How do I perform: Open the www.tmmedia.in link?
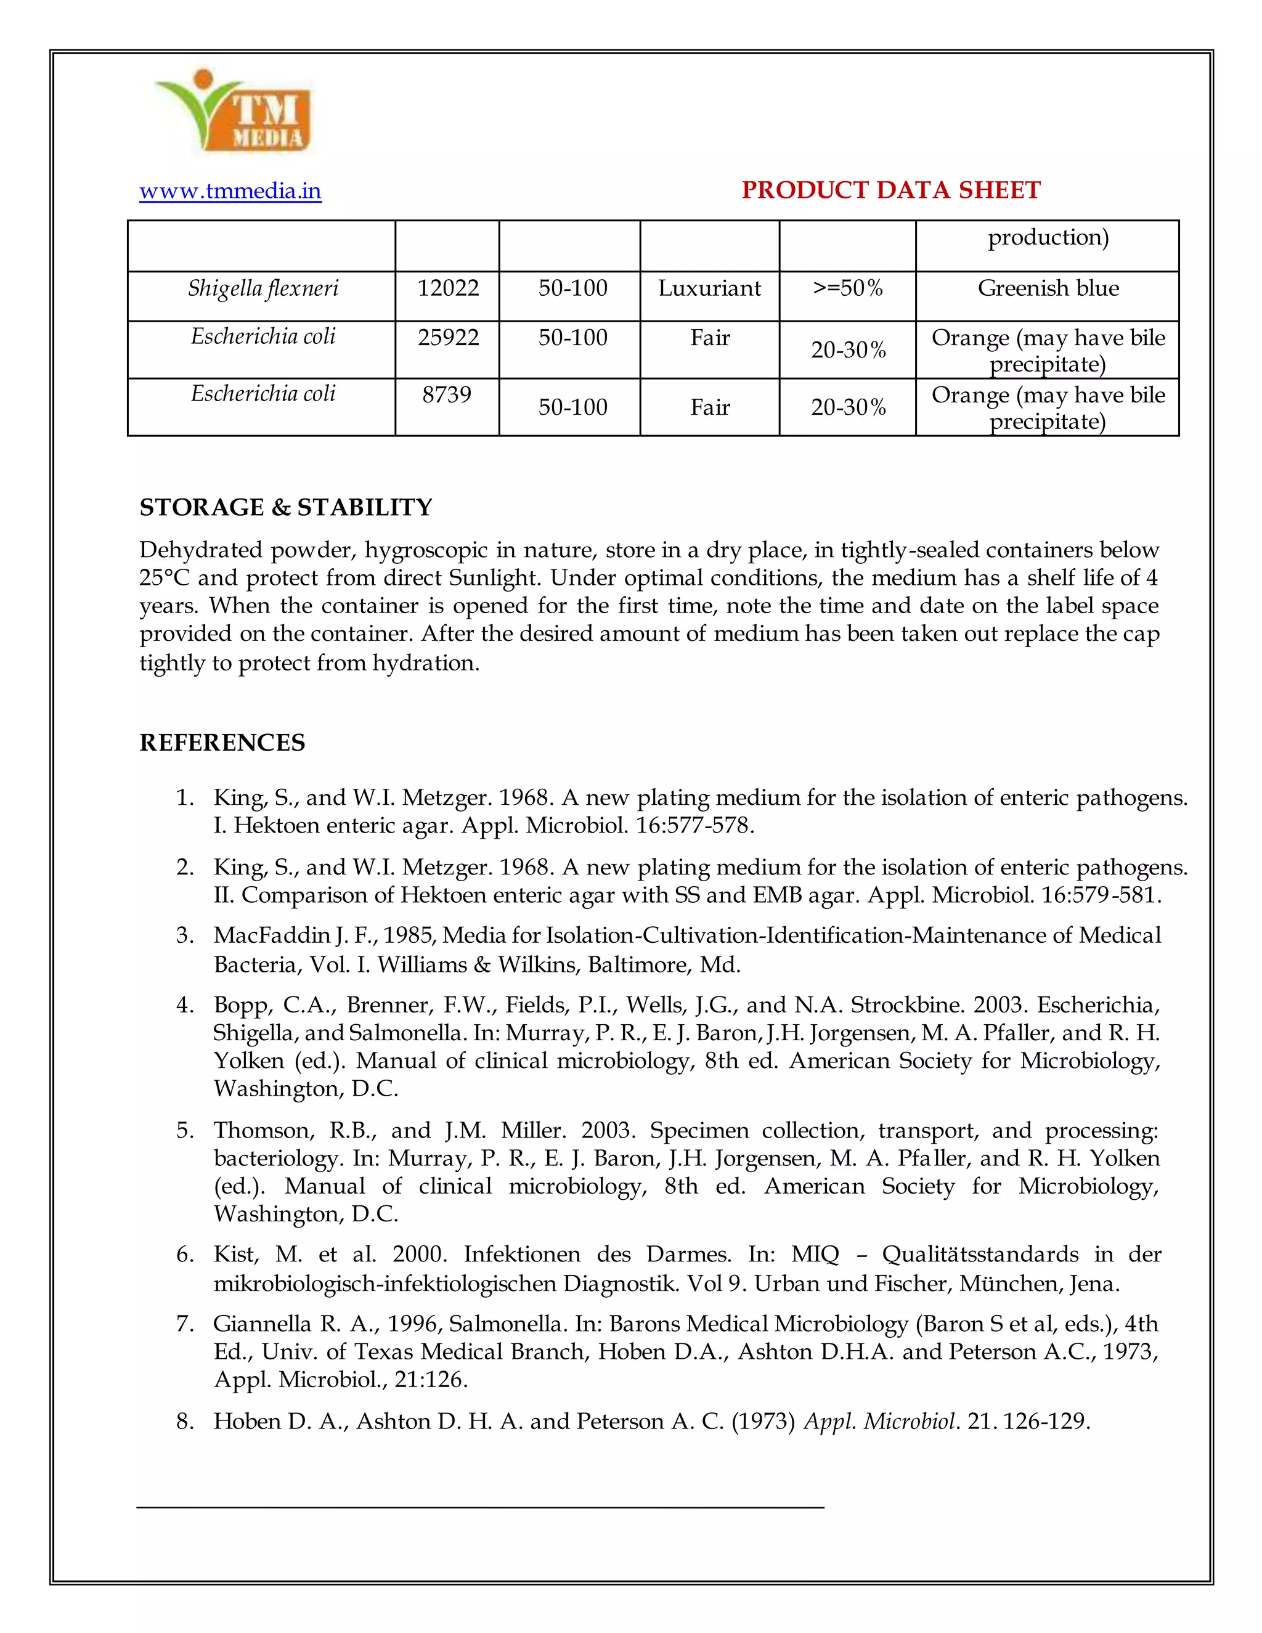click(230, 192)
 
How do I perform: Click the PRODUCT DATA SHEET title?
click(890, 190)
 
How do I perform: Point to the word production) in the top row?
click(1048, 238)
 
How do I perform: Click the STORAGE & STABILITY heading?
click(285, 508)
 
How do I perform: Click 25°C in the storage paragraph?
click(165, 578)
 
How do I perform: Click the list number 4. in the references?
click(185, 1005)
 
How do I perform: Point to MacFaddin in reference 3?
click(272, 935)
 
